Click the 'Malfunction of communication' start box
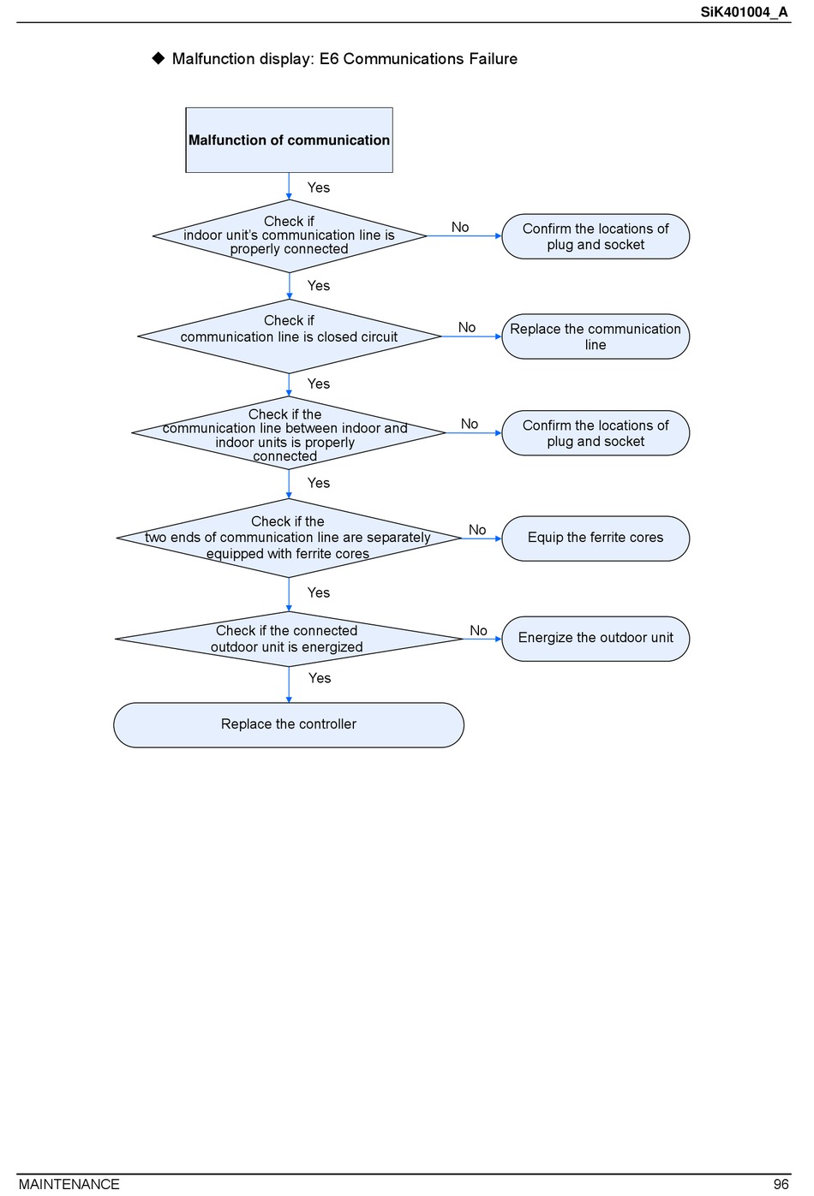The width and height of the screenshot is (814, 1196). click(289, 140)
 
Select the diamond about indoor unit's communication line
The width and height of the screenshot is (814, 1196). click(290, 236)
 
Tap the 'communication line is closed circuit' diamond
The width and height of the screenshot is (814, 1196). click(289, 336)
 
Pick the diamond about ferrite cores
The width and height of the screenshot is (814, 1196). click(289, 538)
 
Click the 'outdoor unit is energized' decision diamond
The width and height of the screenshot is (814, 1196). click(289, 639)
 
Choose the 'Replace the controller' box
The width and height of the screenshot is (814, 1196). click(289, 724)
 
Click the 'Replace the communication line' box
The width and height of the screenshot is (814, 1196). click(596, 336)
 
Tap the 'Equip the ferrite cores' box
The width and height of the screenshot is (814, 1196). click(596, 538)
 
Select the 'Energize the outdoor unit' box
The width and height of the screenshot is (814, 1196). click(596, 639)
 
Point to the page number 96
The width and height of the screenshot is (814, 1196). click(781, 1184)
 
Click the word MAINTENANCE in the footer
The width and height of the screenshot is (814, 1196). click(69, 1184)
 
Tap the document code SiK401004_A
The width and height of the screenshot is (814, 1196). click(744, 12)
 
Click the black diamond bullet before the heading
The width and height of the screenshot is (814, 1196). click(159, 57)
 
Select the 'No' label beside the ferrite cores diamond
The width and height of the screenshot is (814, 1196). click(477, 530)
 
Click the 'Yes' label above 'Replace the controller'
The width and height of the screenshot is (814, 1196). click(320, 678)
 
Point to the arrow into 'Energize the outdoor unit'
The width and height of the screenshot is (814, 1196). click(482, 639)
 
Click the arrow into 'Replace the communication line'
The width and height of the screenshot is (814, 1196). click(471, 336)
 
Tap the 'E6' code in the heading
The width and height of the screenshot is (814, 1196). click(329, 58)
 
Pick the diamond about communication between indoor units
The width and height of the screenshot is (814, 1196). click(289, 432)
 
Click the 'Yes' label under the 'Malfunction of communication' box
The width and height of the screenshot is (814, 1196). click(319, 187)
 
